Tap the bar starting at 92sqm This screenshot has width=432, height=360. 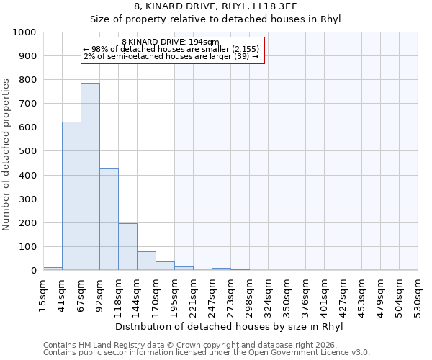[x=109, y=220]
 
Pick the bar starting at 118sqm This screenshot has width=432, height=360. [x=127, y=247]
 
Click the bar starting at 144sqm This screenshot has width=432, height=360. [x=146, y=261]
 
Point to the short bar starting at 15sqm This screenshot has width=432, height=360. [x=53, y=269]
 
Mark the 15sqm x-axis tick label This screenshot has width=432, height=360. [x=43, y=293]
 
